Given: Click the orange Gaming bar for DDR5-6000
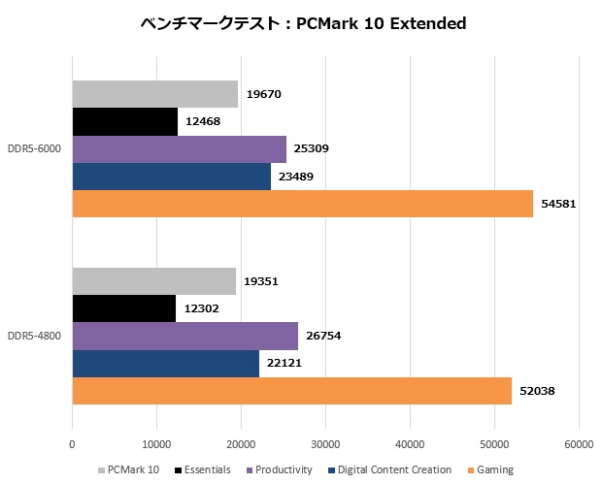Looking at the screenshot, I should pyautogui.click(x=302, y=204).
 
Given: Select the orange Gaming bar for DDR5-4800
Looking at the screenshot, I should pyautogui.click(x=291, y=391).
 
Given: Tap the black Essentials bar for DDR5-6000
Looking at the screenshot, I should pyautogui.click(x=124, y=121).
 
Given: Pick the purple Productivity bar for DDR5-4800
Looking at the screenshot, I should pyautogui.click(x=184, y=336).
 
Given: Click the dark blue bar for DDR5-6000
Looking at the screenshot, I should pyautogui.click(x=171, y=177).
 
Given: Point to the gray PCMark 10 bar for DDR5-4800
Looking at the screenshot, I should pyautogui.click(x=153, y=281).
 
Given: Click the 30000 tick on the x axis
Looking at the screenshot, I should pyautogui.click(x=325, y=445).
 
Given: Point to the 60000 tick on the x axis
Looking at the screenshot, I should pyautogui.click(x=579, y=445).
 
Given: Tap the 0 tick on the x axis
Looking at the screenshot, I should pyautogui.click(x=72, y=445).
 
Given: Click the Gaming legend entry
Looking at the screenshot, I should pyautogui.click(x=493, y=470).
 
